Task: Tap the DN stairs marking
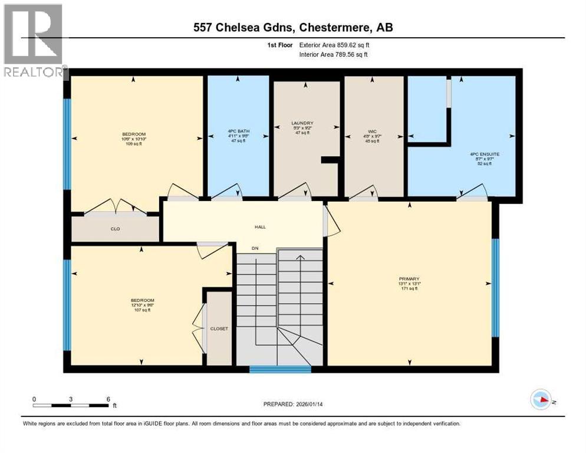pos(255,248)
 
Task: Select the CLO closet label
pos(116,229)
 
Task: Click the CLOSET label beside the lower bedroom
pos(219,329)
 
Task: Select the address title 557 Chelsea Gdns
pos(293,27)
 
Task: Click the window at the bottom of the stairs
pos(280,370)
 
